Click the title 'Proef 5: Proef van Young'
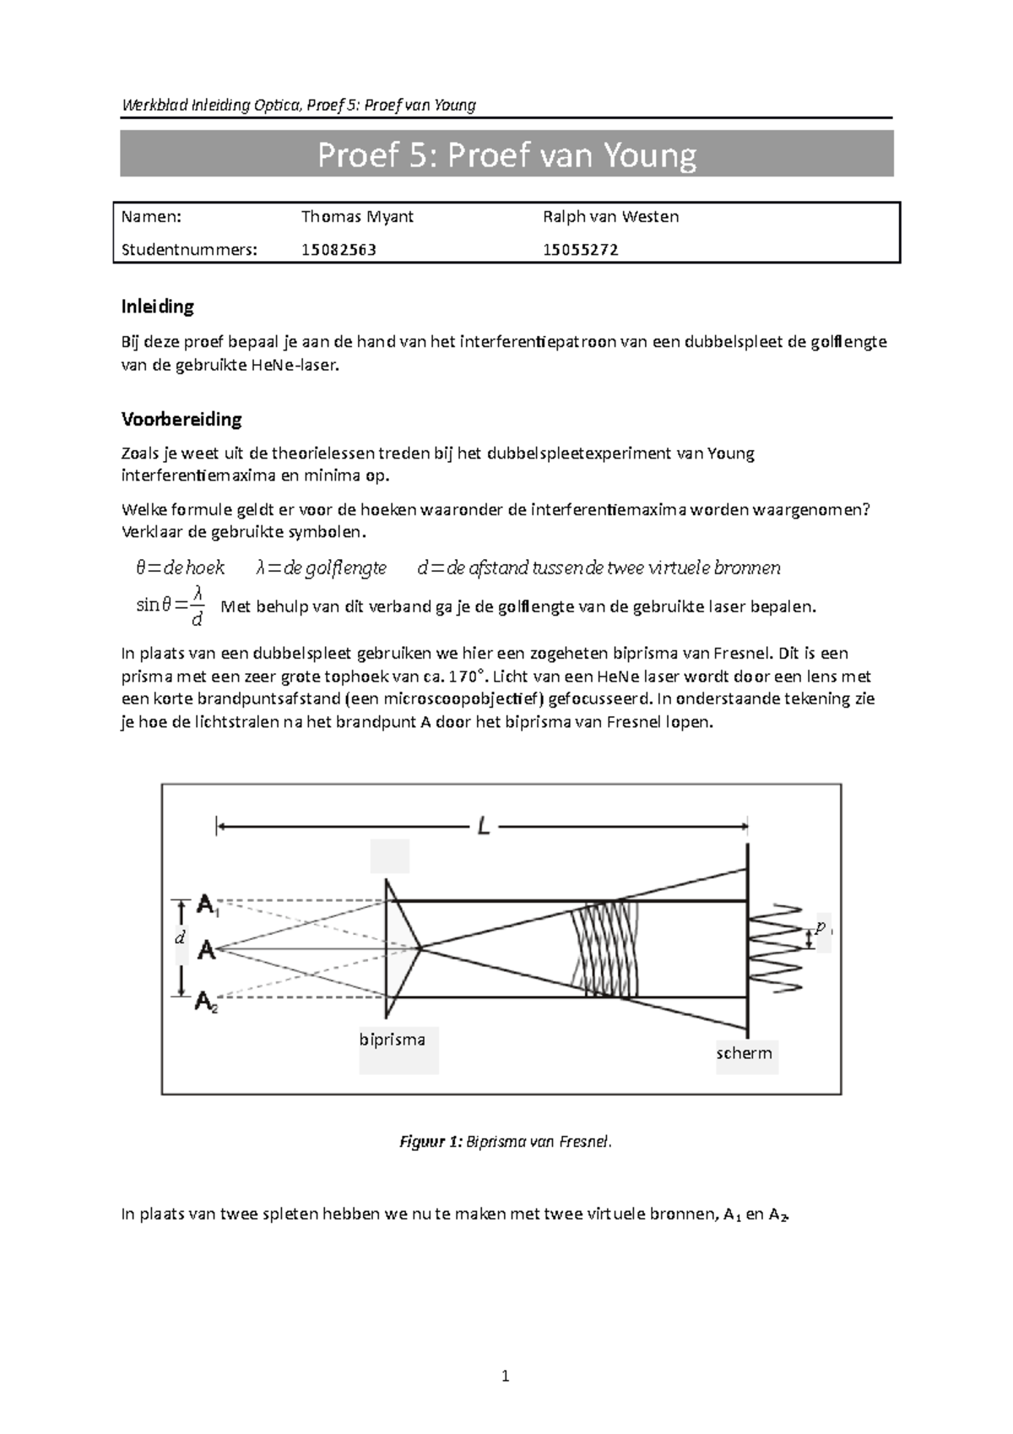tap(506, 155)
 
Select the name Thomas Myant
tap(357, 217)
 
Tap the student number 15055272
tap(580, 250)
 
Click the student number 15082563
tap(339, 250)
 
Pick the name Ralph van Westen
tap(610, 217)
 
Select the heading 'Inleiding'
tap(157, 306)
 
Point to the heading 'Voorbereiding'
tap(181, 419)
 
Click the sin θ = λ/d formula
tap(171, 606)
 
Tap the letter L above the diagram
tap(483, 827)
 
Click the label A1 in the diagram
tap(208, 906)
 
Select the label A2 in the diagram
tap(207, 1002)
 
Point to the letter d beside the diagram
tap(179, 937)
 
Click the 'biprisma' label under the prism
tap(392, 1040)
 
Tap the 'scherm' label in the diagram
tap(744, 1053)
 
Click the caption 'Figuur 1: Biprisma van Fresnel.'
tap(505, 1142)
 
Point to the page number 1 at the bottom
tap(505, 1377)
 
